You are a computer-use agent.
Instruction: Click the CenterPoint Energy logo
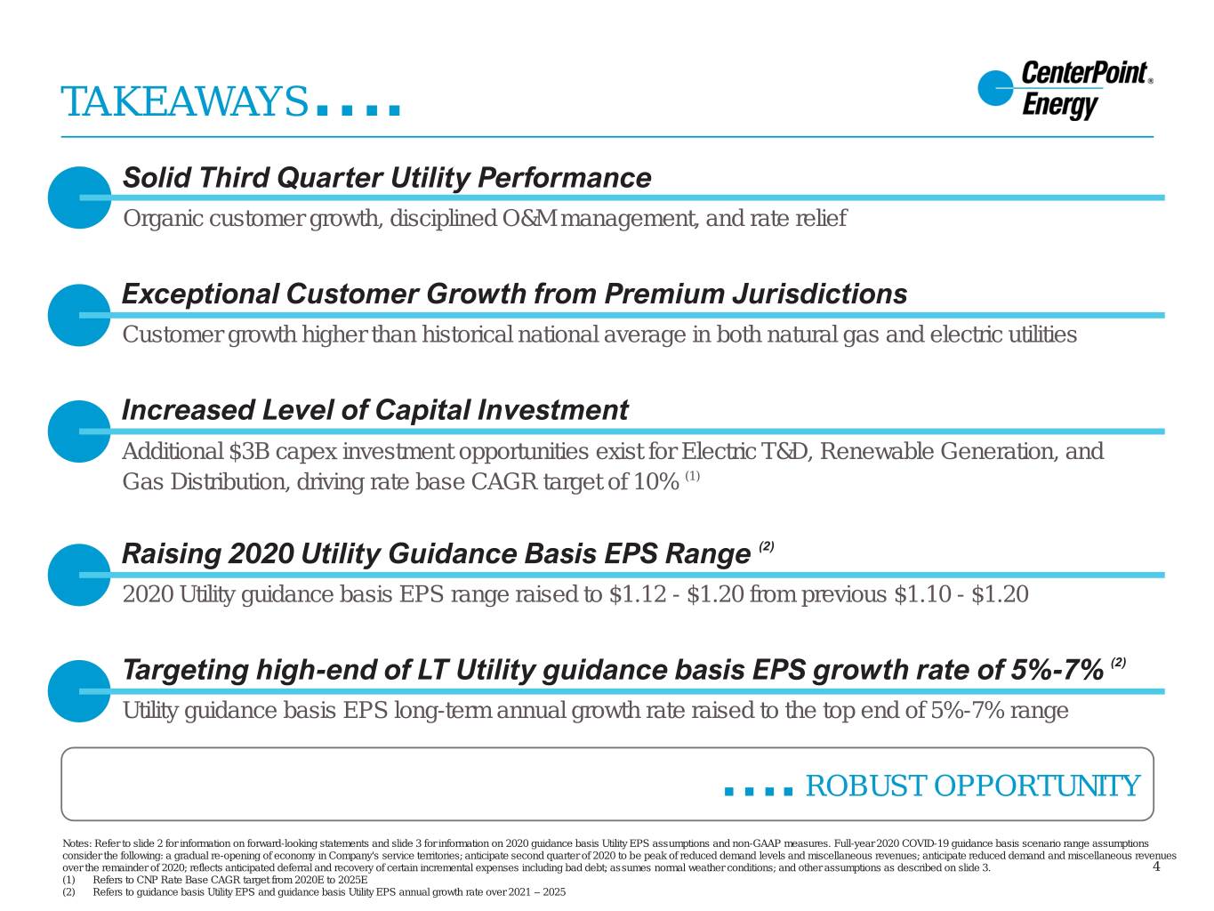pos(1065,90)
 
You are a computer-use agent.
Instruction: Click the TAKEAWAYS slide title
pos(183,101)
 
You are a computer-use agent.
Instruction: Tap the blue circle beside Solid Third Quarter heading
pos(80,198)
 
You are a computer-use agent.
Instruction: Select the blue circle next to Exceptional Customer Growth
pos(80,315)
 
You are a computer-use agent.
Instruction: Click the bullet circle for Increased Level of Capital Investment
pos(80,431)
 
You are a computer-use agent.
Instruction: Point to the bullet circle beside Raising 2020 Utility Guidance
pos(80,575)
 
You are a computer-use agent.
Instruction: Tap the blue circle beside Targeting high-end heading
pos(80,691)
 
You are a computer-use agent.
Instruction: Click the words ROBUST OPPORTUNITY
pos(973,786)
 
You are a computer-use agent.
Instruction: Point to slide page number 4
pos(1156,867)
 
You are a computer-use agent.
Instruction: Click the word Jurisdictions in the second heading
pos(820,294)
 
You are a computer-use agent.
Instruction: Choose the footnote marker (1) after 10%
pos(693,476)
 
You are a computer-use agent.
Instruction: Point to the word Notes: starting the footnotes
pos(76,843)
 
